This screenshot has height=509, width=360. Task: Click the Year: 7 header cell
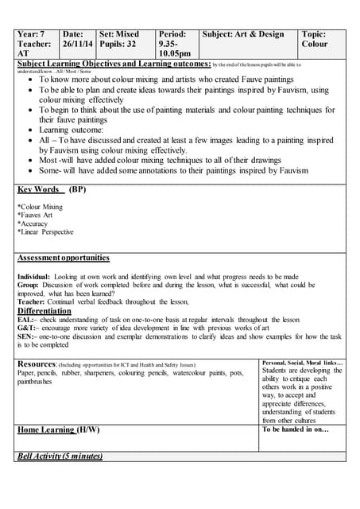click(32, 34)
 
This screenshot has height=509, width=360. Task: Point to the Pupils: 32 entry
click(118, 45)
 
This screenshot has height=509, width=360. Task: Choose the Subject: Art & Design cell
click(243, 34)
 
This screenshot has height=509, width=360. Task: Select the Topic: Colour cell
click(315, 39)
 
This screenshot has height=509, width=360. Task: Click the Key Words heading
click(38, 190)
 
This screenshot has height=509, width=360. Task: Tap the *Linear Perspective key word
click(45, 232)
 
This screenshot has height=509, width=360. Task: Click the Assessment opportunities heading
click(64, 258)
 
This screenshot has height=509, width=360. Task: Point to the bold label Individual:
click(33, 277)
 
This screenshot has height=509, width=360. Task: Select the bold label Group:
click(29, 285)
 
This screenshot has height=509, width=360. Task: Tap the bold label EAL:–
click(26, 320)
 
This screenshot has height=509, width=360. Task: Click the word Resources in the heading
click(36, 363)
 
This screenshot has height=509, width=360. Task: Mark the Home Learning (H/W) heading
click(59, 430)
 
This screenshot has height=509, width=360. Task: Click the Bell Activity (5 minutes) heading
click(60, 457)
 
